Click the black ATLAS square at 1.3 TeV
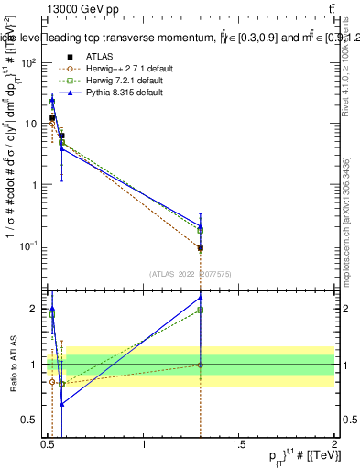point(200,248)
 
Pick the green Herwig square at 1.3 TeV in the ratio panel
point(200,310)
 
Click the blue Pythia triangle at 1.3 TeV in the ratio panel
point(200,298)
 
